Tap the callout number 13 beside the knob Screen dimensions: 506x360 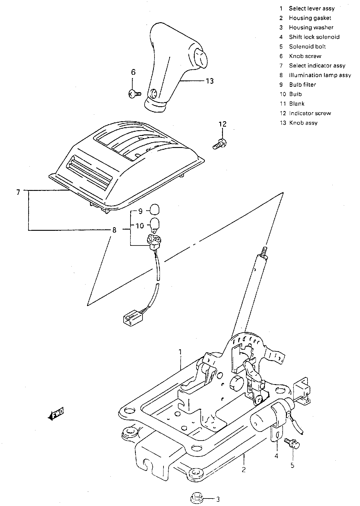pyautogui.click(x=210, y=81)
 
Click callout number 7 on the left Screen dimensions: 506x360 pyautogui.click(x=18, y=192)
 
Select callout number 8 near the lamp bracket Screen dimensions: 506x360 pyautogui.click(x=114, y=230)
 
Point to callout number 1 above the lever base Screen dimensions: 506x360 pyautogui.click(x=180, y=351)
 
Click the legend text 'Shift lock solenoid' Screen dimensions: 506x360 pyautogui.click(x=314, y=37)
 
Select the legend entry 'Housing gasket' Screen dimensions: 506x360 pyautogui.click(x=310, y=18)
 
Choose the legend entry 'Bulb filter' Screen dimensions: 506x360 pyautogui.click(x=302, y=85)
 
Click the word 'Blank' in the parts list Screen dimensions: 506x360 pyautogui.click(x=297, y=104)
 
